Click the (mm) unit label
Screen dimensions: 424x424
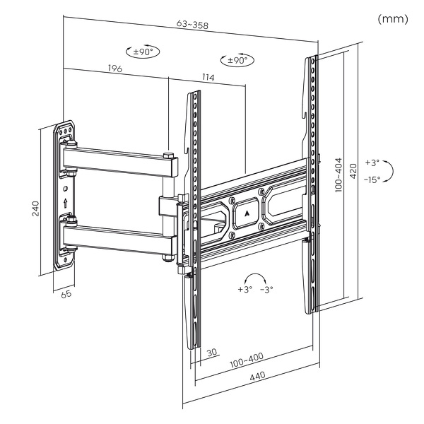pyautogui.click(x=393, y=18)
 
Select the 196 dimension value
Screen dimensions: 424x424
pyautogui.click(x=116, y=69)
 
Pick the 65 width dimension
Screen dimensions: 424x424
pyautogui.click(x=66, y=294)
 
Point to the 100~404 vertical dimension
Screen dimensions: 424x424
pyautogui.click(x=339, y=174)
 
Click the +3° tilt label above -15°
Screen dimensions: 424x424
pyautogui.click(x=372, y=163)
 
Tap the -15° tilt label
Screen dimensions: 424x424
pyautogui.click(x=372, y=179)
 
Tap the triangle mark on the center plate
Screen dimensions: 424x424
pyautogui.click(x=247, y=211)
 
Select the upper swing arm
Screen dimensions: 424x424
pyautogui.click(x=120, y=159)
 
